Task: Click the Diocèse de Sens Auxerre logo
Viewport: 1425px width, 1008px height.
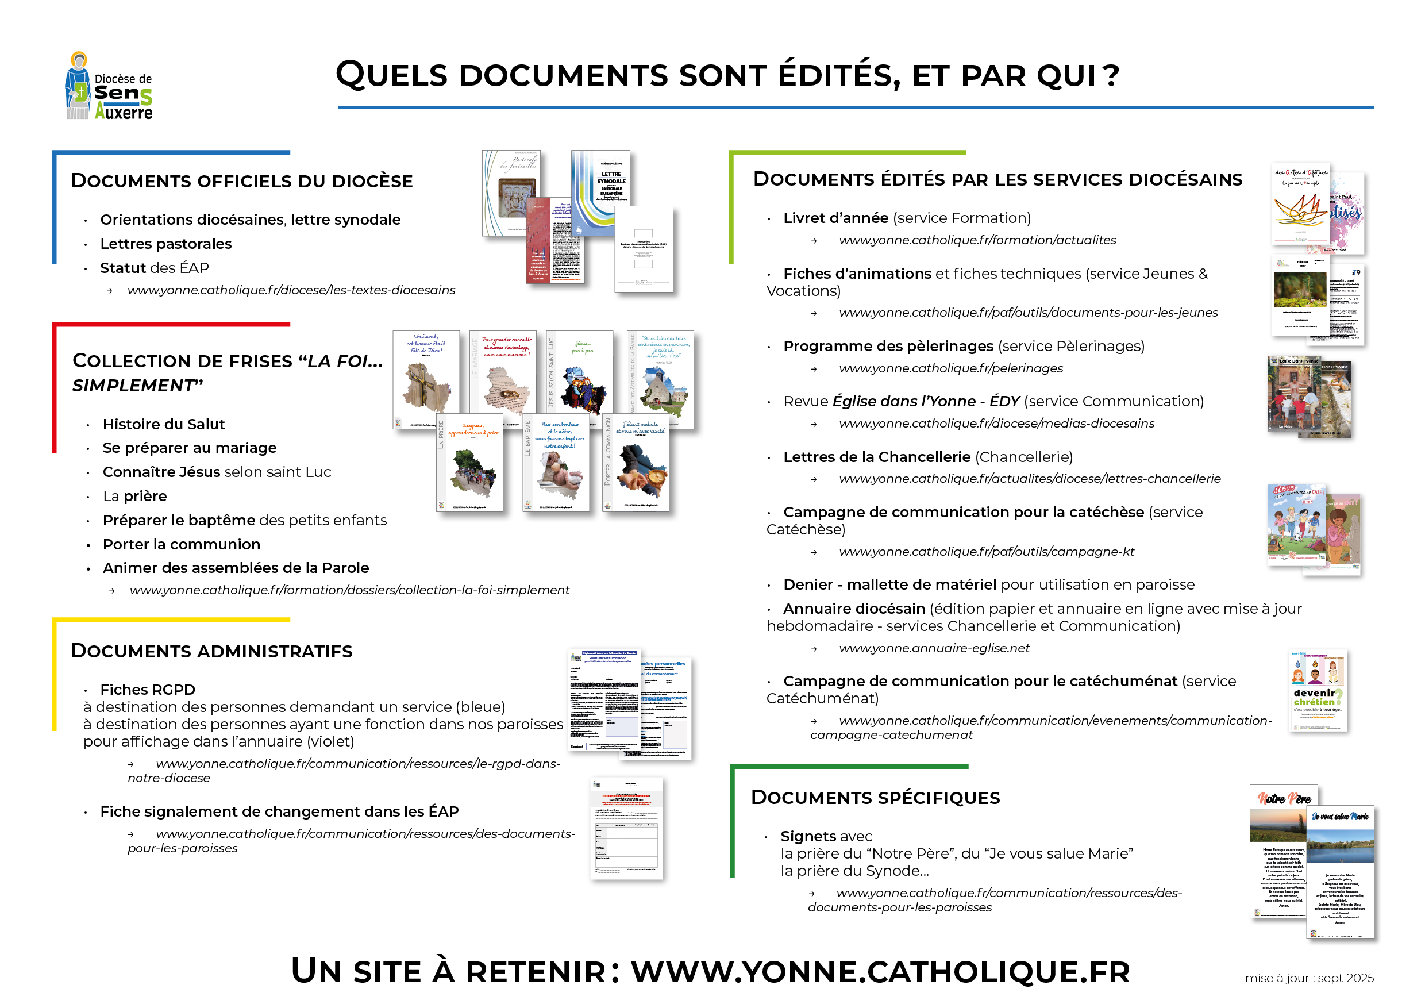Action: tap(109, 86)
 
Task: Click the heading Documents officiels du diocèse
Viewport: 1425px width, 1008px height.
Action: tap(241, 180)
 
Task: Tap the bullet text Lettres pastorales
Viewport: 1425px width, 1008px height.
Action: tap(165, 244)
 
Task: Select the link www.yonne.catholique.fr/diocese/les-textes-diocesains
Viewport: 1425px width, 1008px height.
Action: tap(291, 290)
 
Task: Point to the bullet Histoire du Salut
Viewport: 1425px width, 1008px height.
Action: tap(163, 424)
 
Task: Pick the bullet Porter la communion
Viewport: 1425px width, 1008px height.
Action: tap(181, 544)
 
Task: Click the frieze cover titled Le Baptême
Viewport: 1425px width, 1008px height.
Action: tap(556, 463)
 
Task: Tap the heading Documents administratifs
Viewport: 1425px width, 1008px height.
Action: tap(211, 651)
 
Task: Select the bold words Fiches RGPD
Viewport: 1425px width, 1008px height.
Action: tap(148, 690)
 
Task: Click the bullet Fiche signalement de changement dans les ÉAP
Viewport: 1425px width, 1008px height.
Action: tap(279, 811)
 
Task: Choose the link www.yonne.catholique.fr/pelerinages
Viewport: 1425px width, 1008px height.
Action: tap(950, 368)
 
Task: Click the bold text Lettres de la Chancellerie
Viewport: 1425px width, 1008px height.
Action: tap(876, 457)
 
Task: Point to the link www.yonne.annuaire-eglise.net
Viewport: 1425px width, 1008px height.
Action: tap(934, 648)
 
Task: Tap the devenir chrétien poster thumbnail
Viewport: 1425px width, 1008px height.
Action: tap(1317, 690)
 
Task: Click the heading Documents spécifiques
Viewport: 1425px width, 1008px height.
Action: tap(875, 798)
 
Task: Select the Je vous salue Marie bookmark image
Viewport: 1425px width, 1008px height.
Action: tap(1340, 872)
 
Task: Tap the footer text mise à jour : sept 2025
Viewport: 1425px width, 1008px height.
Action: tap(1309, 978)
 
